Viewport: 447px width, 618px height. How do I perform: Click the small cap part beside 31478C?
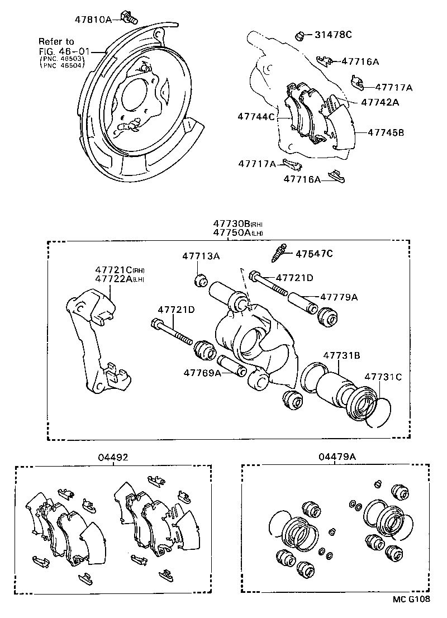[x=300, y=36]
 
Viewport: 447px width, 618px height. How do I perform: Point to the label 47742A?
[x=380, y=102]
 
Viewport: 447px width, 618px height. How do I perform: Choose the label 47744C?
[x=256, y=117]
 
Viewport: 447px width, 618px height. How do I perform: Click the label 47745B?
[x=386, y=132]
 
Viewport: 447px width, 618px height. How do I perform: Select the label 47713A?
[x=201, y=256]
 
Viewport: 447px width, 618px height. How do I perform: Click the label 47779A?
[x=339, y=297]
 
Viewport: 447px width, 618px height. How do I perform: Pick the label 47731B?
[x=340, y=354]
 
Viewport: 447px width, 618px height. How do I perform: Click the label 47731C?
[x=383, y=377]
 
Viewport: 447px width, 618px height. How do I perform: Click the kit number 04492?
[x=113, y=457]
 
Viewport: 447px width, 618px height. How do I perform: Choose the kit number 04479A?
[x=337, y=457]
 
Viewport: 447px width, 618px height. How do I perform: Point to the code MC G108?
[x=411, y=598]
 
